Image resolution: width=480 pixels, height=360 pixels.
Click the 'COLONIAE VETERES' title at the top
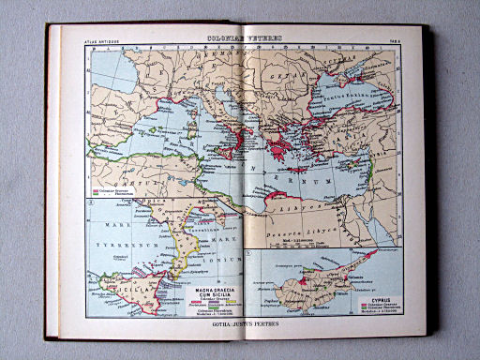tap(245, 38)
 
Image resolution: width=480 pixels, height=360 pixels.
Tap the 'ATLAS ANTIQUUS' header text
tap(105, 42)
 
